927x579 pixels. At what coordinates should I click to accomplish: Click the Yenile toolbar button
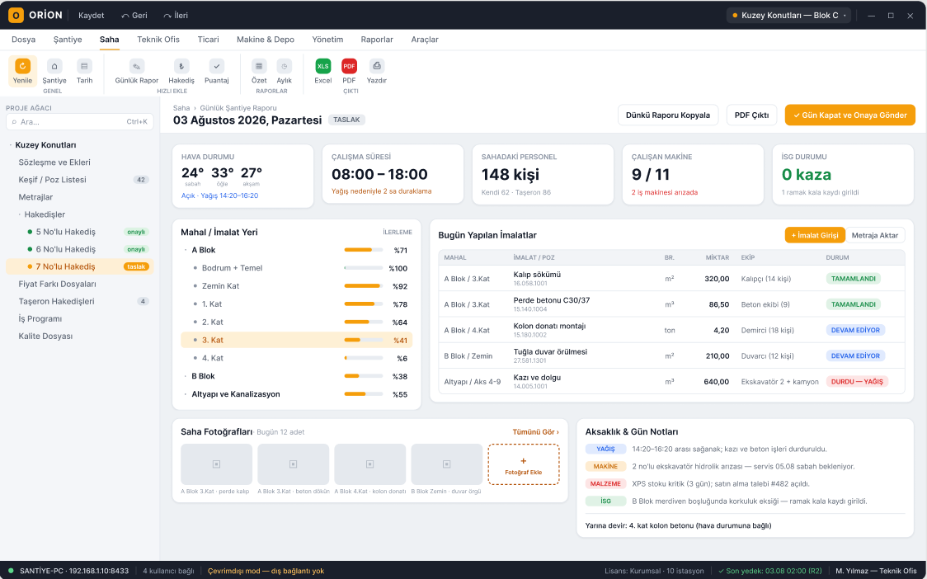22,71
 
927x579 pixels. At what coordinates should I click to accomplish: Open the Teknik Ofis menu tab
158,40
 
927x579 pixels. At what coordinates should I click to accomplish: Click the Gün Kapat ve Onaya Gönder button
849,115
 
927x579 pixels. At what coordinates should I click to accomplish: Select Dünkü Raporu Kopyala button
668,115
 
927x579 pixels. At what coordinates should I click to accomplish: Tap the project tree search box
80,122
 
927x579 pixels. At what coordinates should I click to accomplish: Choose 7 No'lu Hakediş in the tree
66,266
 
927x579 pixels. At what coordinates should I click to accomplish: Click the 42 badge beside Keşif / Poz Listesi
141,180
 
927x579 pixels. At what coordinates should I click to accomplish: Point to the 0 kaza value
807,175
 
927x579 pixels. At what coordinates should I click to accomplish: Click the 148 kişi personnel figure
511,175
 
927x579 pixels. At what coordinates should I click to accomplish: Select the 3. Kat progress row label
213,340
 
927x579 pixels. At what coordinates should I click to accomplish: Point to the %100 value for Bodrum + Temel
398,269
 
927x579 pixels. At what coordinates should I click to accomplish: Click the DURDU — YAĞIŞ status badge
857,382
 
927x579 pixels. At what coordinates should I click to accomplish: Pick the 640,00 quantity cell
716,382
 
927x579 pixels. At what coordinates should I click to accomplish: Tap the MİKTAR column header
718,258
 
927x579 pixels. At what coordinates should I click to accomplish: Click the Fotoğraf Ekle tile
523,464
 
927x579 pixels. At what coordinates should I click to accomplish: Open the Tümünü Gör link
535,431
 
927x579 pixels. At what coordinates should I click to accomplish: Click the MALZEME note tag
605,484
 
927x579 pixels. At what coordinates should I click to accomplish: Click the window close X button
910,16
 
